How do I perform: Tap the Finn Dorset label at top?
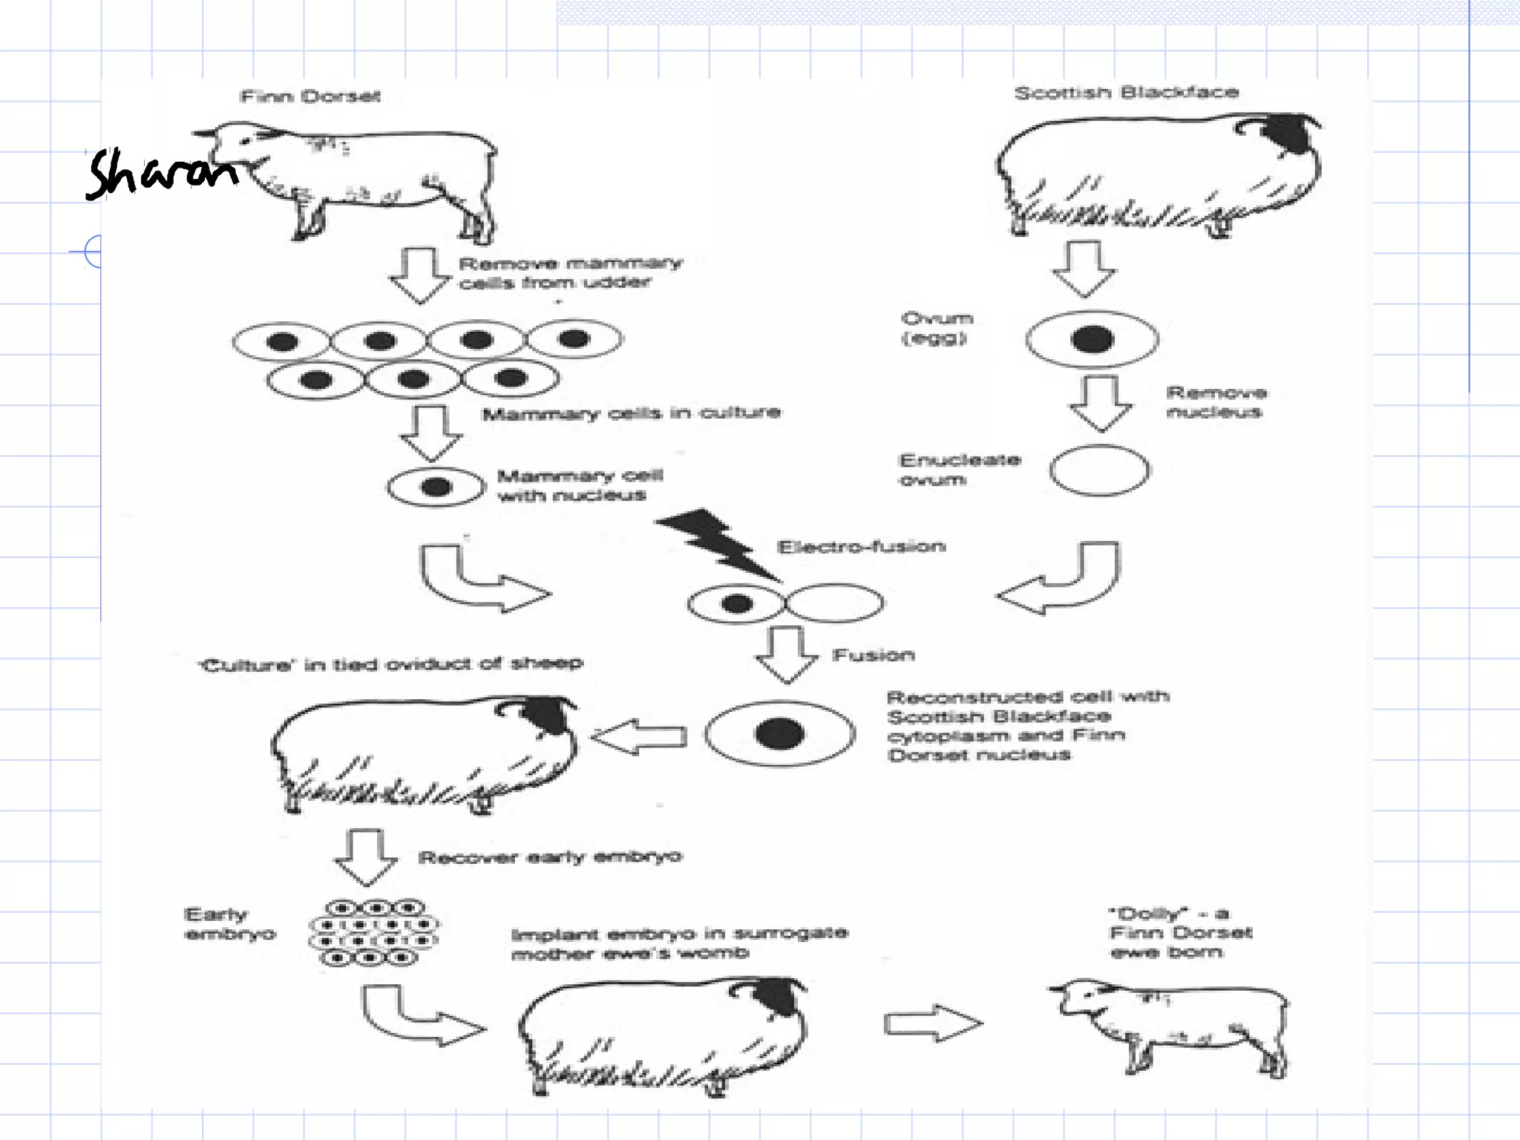point(310,96)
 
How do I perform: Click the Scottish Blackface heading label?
point(1127,93)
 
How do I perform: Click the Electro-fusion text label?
point(861,547)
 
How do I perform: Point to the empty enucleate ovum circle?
point(1100,470)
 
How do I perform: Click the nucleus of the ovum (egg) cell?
point(1092,339)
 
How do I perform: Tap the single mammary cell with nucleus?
point(436,488)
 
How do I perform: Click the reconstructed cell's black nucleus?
point(779,733)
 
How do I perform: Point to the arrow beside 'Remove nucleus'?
point(1101,403)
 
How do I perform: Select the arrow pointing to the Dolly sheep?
point(933,1023)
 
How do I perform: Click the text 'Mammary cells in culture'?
point(631,413)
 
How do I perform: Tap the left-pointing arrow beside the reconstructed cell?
point(639,736)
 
